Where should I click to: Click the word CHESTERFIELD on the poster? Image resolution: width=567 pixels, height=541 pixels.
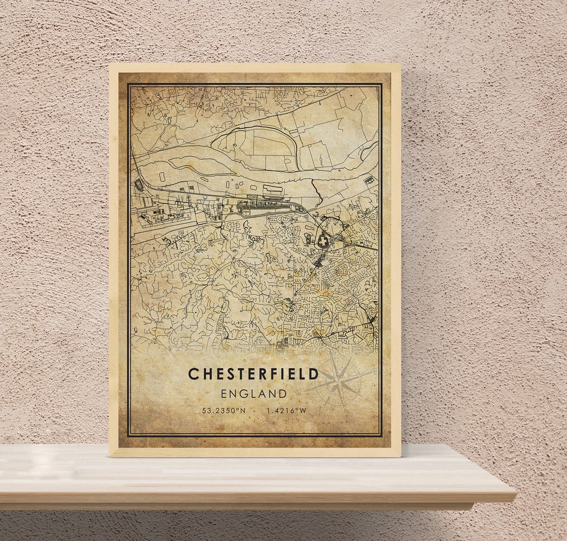254,374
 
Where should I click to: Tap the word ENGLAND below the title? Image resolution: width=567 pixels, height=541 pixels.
254,394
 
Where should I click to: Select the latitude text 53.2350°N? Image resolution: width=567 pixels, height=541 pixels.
224,411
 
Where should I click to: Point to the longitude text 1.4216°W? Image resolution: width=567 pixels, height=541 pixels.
286,411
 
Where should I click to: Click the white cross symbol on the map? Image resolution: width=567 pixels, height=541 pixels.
324,242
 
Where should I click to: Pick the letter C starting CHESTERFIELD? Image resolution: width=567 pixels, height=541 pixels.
193,374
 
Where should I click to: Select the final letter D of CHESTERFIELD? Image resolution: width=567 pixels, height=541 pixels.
314,374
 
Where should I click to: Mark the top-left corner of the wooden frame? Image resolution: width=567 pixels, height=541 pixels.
110,64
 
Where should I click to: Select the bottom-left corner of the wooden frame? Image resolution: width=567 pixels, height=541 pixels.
110,456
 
